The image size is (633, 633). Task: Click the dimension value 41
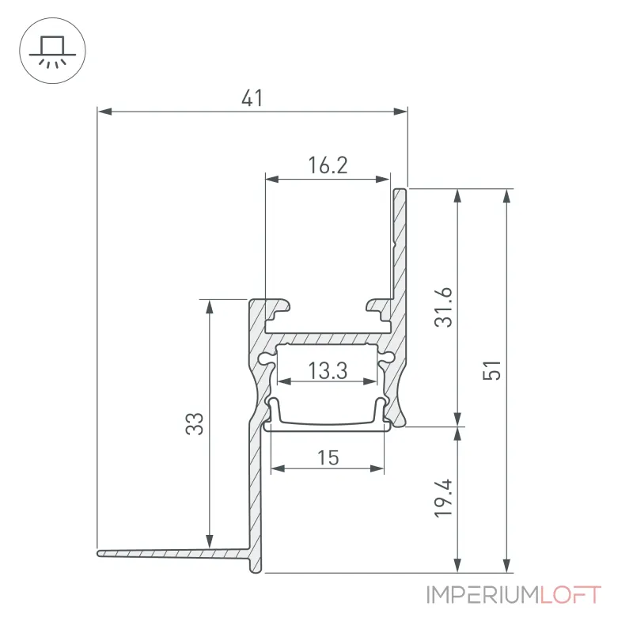tap(252, 98)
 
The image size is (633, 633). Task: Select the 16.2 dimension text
tap(328, 165)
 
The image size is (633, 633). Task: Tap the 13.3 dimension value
tap(328, 370)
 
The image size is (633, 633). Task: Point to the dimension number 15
tap(328, 458)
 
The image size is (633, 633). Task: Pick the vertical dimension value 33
tap(195, 423)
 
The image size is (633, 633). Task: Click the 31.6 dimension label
tap(443, 307)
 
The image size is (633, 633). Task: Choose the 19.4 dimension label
tap(443, 498)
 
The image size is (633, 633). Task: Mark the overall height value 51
tap(491, 370)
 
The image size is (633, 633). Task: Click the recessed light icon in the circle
tap(52, 51)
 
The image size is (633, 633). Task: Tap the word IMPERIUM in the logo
tap(483, 595)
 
